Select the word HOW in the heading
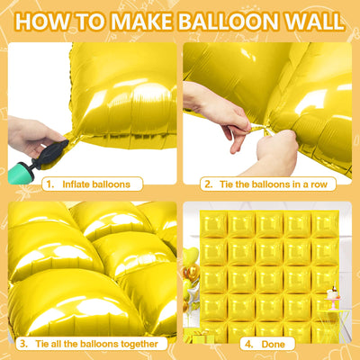point(44,21)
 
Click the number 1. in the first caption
point(51,184)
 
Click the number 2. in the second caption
point(208,184)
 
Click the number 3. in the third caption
point(22,344)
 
